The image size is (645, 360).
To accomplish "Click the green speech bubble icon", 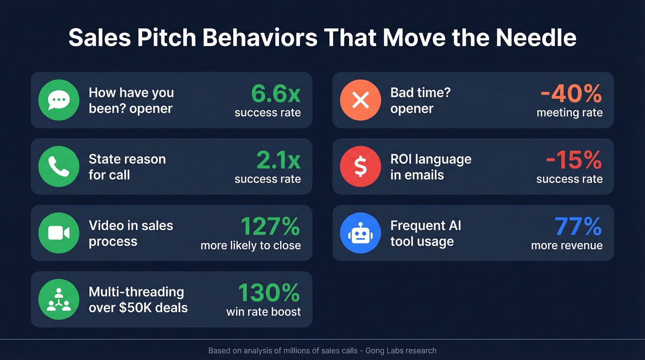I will coord(59,100).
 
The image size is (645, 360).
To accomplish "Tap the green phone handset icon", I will coord(59,166).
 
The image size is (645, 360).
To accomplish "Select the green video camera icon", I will coord(59,233).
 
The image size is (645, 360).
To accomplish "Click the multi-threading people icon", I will coord(59,299).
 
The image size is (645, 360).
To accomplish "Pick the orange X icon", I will coord(360,100).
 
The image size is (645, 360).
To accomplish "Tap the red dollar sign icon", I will coord(360,166).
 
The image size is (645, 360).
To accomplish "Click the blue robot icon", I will coord(360,233).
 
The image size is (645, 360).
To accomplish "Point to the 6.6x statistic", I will coord(276,94).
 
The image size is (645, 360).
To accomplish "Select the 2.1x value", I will coord(278,160).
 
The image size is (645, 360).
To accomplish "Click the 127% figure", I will coord(270,227).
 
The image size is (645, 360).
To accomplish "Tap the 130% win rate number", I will coord(269,293).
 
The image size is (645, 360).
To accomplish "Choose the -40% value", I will coord(571,94).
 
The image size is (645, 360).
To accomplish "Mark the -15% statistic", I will coord(574,160).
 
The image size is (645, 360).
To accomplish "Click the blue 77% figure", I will coord(578,227).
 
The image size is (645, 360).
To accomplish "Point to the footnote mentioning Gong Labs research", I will coord(322,351).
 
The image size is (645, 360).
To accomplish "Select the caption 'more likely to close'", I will coord(251,246).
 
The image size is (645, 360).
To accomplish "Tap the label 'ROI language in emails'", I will coord(431,167).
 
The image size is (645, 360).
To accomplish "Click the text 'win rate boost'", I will coord(264,312).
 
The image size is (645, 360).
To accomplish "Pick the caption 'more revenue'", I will coord(567,246).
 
